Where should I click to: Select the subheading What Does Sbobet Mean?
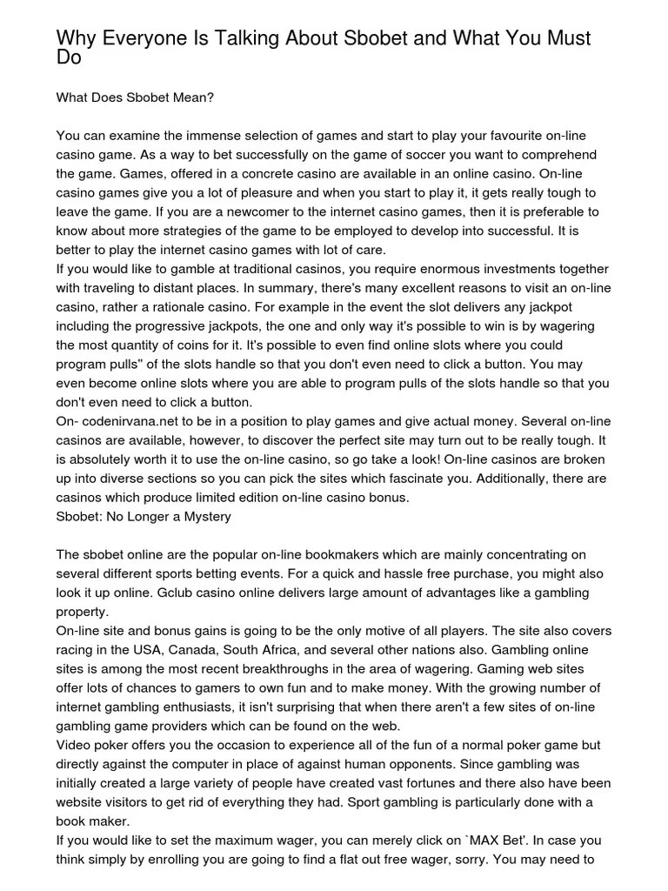pos(135,97)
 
